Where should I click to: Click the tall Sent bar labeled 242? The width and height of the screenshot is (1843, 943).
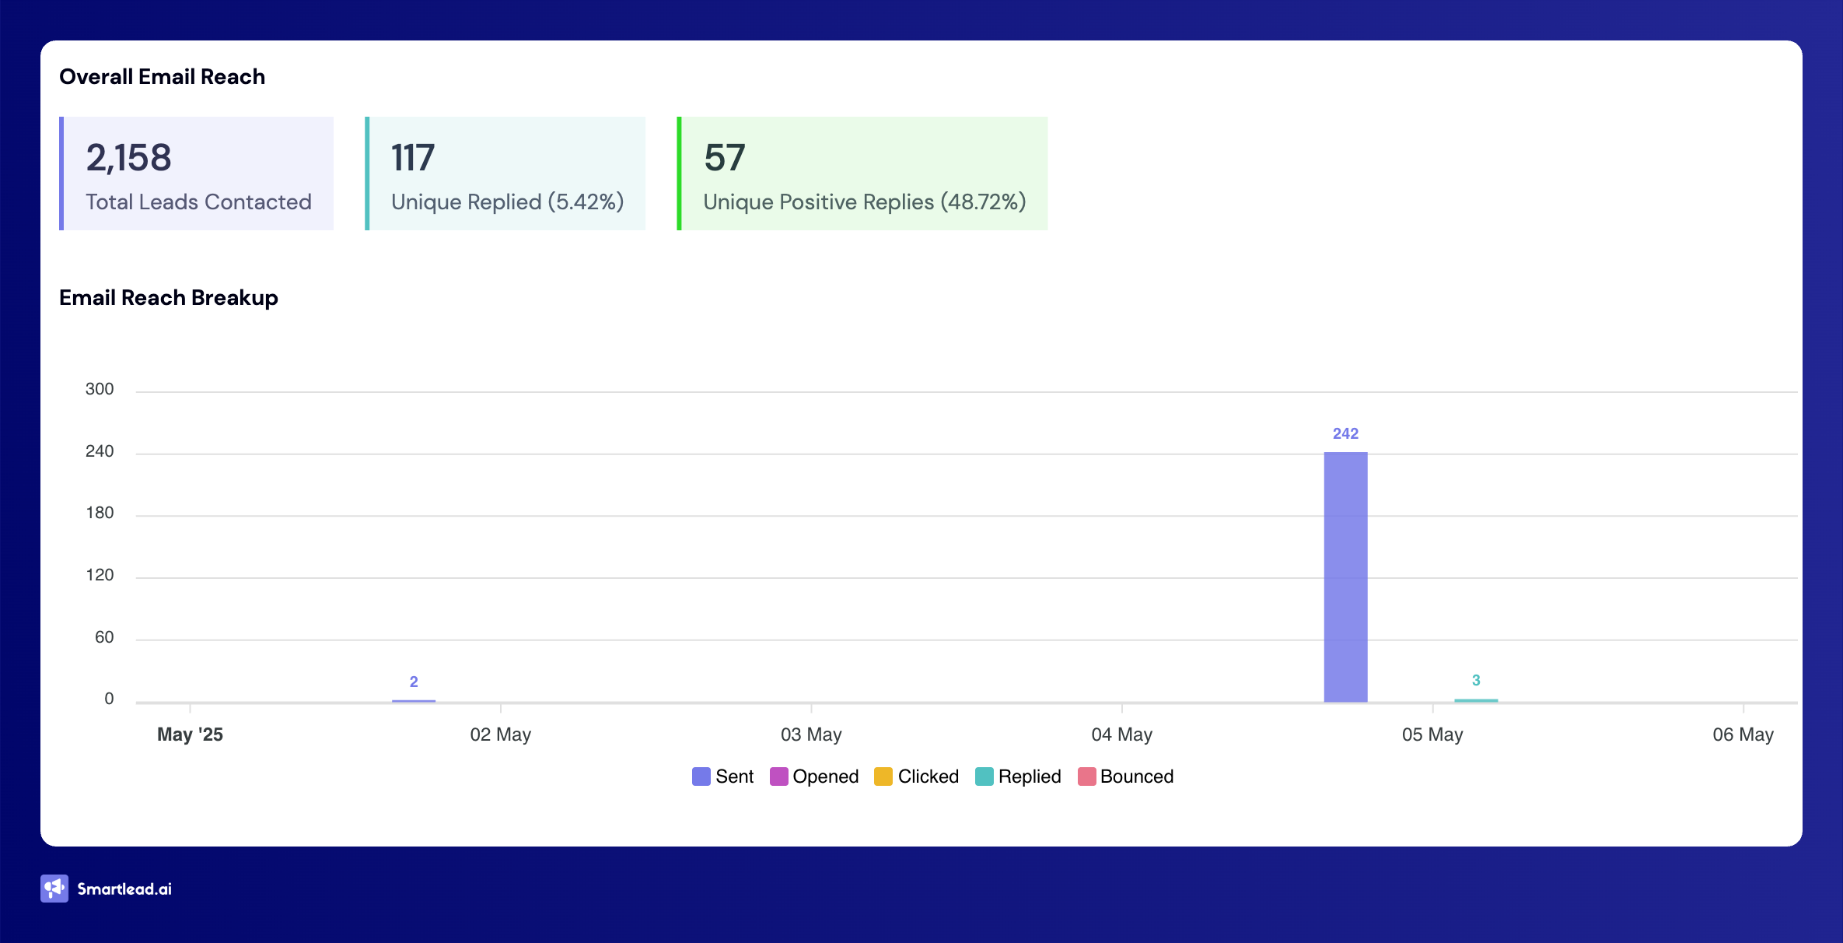coord(1345,577)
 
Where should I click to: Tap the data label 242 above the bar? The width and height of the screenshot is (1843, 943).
coord(1345,433)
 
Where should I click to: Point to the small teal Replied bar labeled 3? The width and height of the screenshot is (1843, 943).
coord(1475,700)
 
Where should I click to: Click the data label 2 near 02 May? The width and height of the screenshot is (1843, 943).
coord(414,682)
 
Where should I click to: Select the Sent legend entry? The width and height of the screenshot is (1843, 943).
coord(723,776)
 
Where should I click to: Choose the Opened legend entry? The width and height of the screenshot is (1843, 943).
coord(814,776)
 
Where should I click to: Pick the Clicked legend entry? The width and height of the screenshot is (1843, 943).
coord(917,776)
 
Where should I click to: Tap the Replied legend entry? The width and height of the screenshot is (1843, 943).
coord(1019,776)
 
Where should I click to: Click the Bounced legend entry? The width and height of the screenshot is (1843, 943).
coord(1126,776)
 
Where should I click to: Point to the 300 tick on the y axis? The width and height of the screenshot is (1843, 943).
coord(100,389)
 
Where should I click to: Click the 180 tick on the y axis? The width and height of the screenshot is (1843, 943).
coord(100,513)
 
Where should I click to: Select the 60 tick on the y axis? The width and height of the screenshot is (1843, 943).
coord(104,637)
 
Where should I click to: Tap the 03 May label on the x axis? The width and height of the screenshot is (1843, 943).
coord(811,734)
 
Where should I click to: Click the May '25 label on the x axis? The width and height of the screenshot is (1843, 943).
coord(190,734)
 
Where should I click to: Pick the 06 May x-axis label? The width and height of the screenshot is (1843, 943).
coord(1743,734)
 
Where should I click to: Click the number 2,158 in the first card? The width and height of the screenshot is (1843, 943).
coord(128,158)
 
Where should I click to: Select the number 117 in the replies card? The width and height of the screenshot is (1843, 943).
coord(413,158)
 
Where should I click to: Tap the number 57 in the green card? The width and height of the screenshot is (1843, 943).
coord(725,158)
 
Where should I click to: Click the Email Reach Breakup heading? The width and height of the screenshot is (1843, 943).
coord(169,298)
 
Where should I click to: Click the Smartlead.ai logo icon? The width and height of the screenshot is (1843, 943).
coord(54,889)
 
